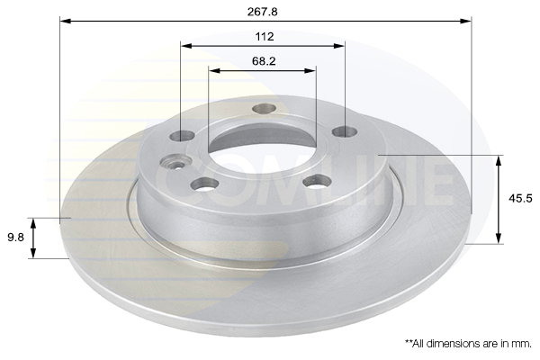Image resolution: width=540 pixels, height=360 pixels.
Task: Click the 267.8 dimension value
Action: click(263, 12)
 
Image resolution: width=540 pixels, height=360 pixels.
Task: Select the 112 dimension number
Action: click(264, 37)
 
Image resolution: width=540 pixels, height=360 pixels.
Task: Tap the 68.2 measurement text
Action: click(264, 61)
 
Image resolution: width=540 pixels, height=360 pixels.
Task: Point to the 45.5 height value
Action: click(520, 198)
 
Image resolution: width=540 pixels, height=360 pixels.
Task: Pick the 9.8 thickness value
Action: click(16, 238)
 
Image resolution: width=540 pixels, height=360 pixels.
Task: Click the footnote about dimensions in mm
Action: click(468, 344)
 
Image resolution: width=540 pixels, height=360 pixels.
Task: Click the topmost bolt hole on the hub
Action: click(264, 109)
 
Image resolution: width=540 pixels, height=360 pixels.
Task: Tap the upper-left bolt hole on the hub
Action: click(182, 136)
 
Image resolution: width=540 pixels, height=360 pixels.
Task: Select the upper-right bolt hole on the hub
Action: click(345, 131)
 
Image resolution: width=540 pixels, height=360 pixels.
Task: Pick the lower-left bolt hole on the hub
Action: click(205, 184)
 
